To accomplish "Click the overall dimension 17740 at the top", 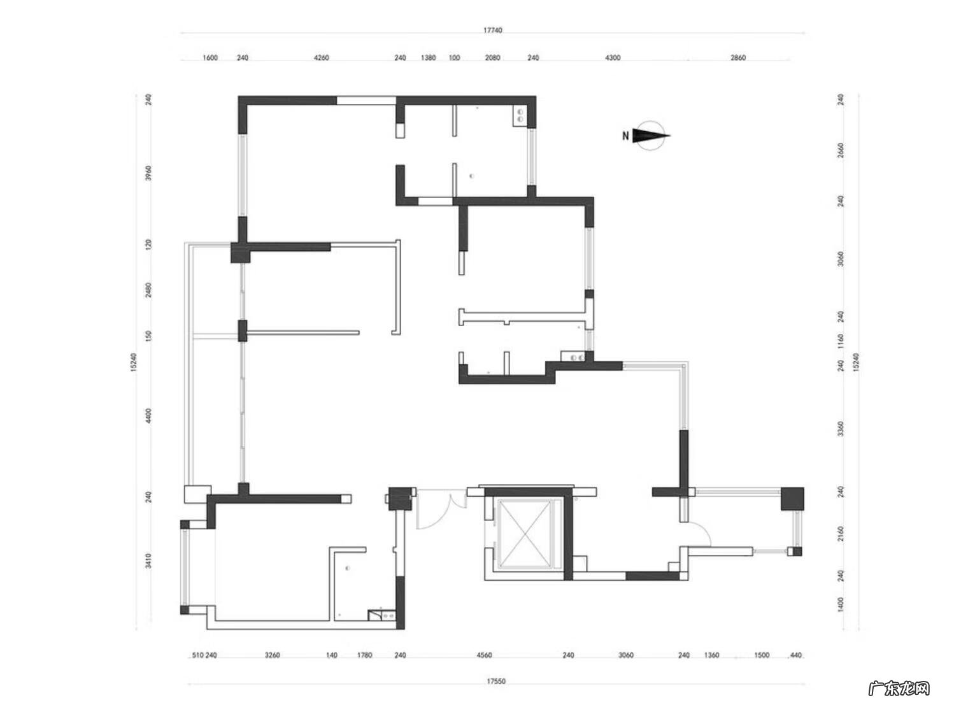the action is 492,30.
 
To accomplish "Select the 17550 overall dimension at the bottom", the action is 496,681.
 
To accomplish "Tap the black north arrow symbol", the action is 651,136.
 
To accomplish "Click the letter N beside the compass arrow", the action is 625,136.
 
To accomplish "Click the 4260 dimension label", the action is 322,58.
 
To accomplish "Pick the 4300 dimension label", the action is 613,58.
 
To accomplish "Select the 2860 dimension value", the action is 737,58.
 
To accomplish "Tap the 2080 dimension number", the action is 492,58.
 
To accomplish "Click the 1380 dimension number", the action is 428,58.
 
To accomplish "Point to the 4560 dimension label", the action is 484,655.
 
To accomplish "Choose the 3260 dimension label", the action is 272,655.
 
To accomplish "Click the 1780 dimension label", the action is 364,655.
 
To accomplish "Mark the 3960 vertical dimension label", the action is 148,173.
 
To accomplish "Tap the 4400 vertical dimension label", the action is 148,416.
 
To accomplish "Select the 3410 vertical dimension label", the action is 148,561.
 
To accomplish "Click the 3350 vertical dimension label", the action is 841,429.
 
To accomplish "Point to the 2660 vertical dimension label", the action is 841,150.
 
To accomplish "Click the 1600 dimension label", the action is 210,58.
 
